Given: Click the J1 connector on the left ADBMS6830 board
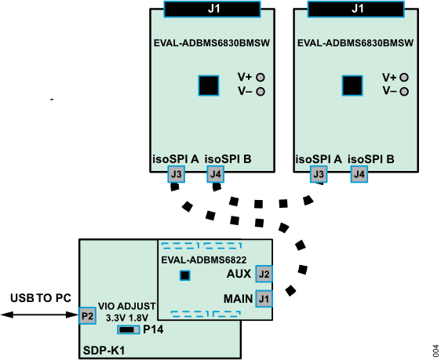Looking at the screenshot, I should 212,9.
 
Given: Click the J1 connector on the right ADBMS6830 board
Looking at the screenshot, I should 357,9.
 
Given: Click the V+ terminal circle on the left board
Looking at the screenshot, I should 260,77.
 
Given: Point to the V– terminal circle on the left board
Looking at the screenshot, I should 260,92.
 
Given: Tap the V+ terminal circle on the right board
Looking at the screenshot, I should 404,77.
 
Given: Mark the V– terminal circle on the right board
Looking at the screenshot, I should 404,92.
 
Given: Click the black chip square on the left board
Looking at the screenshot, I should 208,85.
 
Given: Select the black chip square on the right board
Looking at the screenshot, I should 352,85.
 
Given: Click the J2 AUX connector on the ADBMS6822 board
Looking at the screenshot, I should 264,275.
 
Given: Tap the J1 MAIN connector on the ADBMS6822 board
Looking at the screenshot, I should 264,299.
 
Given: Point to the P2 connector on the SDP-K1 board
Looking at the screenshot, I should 88,316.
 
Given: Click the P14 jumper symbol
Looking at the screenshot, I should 129,329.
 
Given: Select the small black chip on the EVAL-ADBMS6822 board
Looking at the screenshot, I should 185,275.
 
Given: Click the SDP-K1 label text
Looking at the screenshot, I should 104,349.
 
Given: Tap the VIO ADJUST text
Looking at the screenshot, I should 127,306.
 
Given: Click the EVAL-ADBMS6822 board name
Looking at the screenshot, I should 204,260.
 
